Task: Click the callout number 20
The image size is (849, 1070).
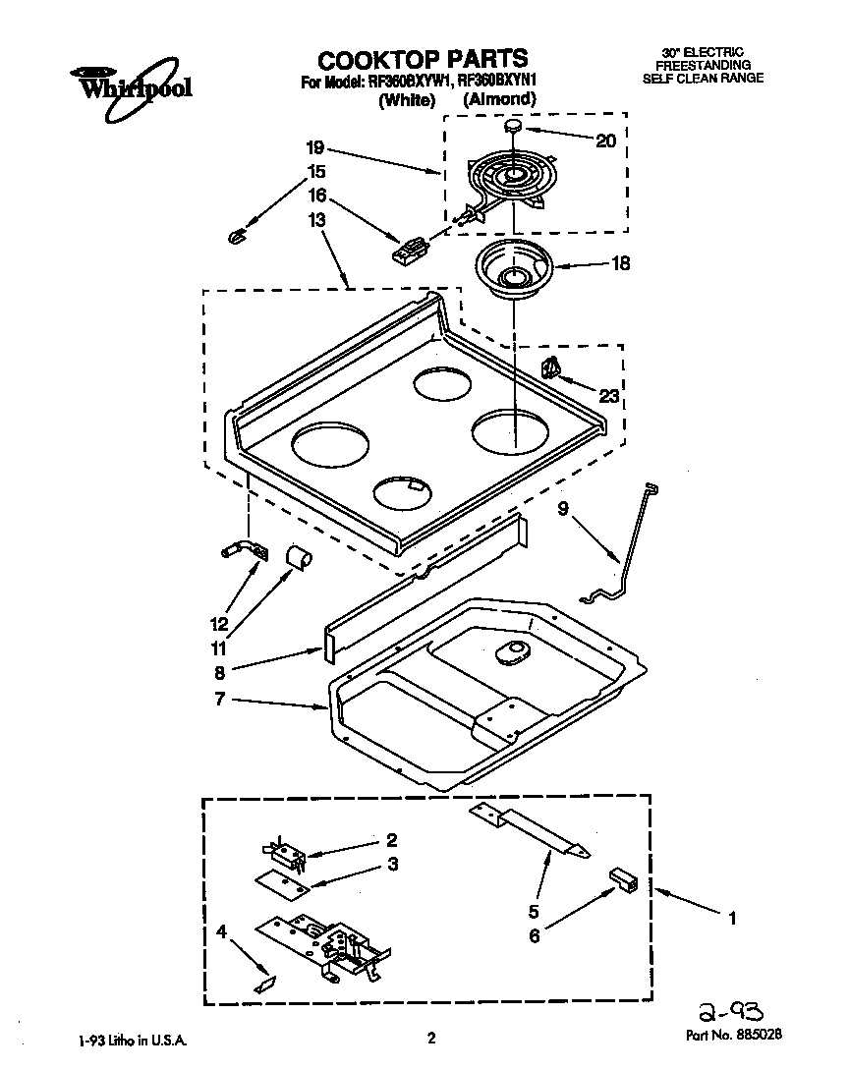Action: tap(605, 141)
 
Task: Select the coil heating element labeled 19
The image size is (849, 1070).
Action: tap(508, 183)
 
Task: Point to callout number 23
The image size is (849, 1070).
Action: tap(609, 397)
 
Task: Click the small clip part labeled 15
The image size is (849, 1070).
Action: tap(236, 234)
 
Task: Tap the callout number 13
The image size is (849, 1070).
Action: tap(316, 222)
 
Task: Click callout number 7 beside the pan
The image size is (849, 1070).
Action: tap(219, 699)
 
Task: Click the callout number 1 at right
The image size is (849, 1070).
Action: tap(730, 919)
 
